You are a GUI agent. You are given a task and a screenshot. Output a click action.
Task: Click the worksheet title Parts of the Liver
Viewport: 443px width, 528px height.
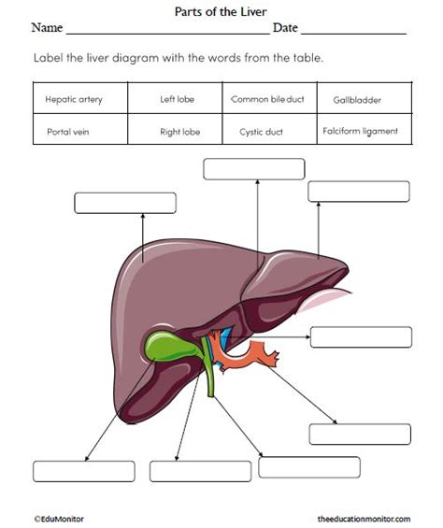221,10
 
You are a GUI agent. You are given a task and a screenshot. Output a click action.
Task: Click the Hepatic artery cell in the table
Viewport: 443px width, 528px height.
74,98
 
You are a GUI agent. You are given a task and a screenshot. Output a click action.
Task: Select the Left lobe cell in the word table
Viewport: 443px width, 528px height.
178,98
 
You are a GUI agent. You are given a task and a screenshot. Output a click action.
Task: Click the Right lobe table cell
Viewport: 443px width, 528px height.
179,132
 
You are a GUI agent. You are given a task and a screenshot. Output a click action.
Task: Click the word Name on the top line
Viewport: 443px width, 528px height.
47,29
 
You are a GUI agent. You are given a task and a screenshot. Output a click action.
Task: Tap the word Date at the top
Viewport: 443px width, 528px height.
285,29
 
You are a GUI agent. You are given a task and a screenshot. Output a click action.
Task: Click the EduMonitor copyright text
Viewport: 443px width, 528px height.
58,517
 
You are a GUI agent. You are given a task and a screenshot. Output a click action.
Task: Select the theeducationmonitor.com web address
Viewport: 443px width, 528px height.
363,517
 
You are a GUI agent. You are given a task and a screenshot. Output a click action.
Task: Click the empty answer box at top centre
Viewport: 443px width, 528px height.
253,169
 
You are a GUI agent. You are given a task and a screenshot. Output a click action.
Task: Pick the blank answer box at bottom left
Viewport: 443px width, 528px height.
83,471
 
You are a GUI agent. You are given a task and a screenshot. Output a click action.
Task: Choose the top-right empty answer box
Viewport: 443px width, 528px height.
359,192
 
